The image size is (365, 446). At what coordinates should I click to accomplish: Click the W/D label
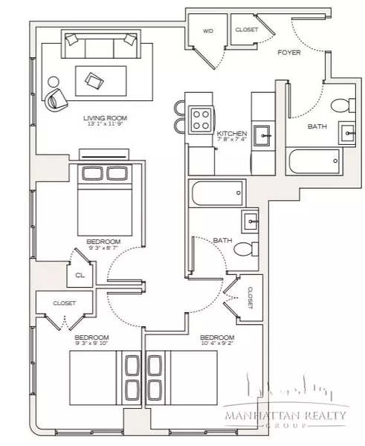coord(208,30)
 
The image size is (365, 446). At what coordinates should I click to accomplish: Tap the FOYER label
coord(288,54)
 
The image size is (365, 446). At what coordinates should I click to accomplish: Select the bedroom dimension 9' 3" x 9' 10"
coord(92,344)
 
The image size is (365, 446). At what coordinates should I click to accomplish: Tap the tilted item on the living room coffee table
coord(94,80)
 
